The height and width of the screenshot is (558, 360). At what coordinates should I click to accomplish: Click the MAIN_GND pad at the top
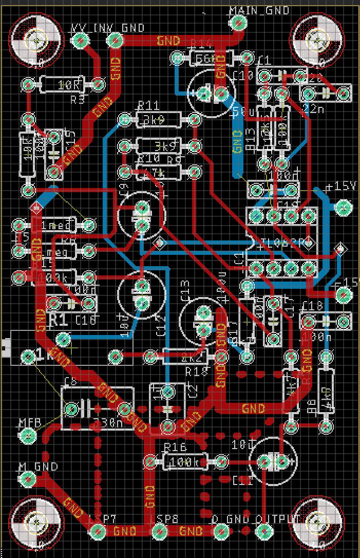(238, 22)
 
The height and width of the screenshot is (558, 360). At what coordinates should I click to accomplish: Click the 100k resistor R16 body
(185, 461)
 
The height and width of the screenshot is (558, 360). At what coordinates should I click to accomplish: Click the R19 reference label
(196, 371)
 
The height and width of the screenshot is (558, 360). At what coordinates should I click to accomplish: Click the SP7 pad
(98, 532)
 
